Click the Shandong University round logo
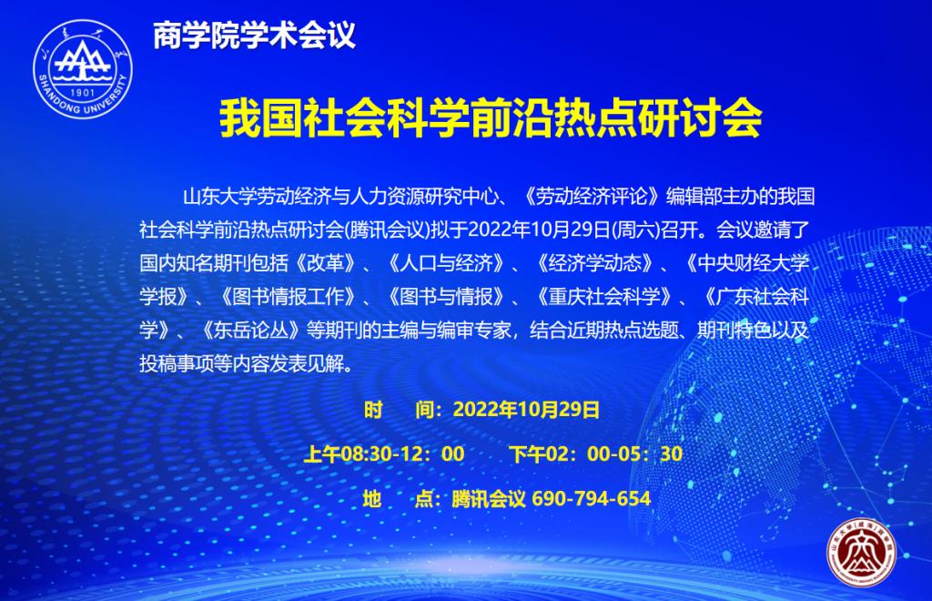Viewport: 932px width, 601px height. coord(83,69)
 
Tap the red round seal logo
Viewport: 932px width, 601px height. coord(861,552)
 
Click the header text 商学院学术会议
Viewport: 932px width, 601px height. coord(254,35)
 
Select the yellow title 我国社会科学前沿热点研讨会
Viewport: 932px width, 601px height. coord(491,118)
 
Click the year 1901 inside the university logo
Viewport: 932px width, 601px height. coord(83,93)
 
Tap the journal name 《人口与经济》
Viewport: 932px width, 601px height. coord(447,263)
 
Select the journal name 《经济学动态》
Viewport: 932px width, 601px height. coord(595,263)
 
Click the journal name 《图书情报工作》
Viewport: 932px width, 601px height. coord(289,296)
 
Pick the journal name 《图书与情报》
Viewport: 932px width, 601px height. coord(447,296)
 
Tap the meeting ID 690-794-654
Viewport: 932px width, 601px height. coord(591,498)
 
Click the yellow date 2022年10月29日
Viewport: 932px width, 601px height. coord(526,410)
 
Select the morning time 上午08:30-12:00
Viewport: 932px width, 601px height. coord(384,454)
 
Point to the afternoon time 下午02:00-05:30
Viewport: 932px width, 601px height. coord(595,454)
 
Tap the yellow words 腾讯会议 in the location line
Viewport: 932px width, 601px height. coord(489,498)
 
